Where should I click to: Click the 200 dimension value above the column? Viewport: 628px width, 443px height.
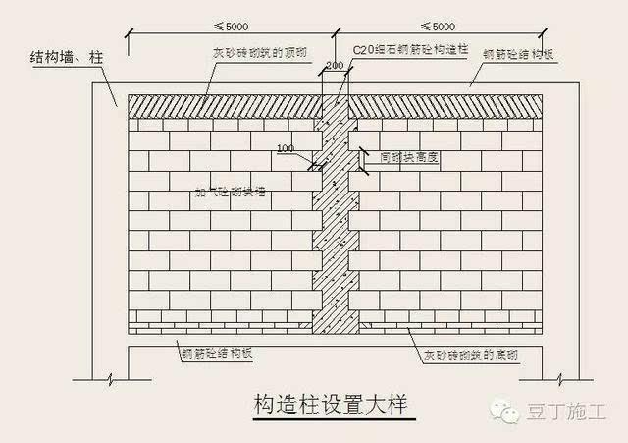tap(335, 65)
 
